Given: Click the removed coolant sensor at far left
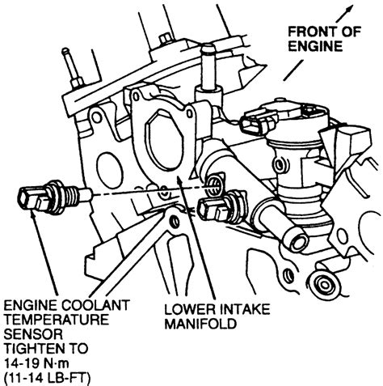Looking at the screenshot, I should click(x=44, y=197).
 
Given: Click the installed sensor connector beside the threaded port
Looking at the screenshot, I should click(x=217, y=213).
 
